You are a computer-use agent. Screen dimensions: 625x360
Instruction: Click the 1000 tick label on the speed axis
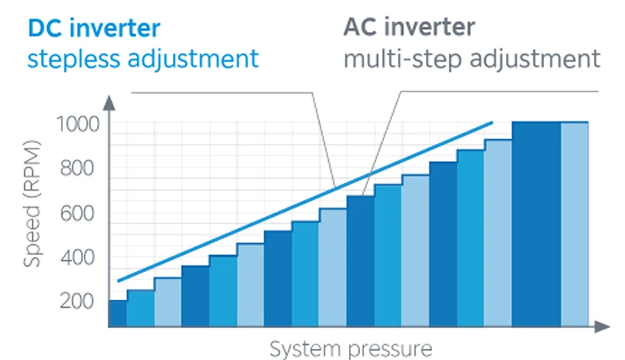click(x=78, y=124)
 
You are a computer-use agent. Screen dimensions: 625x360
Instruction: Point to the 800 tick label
click(x=77, y=168)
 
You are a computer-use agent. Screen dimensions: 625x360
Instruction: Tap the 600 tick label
click(x=77, y=213)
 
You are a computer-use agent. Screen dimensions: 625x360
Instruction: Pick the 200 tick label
click(x=77, y=301)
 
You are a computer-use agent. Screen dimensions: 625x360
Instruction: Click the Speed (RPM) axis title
click(x=32, y=204)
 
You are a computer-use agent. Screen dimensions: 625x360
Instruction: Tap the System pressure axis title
click(x=351, y=349)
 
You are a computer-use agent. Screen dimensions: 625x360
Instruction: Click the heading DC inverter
click(x=94, y=28)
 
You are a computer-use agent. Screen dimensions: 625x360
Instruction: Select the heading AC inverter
click(x=409, y=27)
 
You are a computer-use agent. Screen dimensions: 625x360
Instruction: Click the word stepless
click(x=74, y=59)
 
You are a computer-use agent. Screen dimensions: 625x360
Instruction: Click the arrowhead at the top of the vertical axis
click(x=109, y=103)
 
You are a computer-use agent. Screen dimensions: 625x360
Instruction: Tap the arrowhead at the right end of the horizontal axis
click(x=602, y=326)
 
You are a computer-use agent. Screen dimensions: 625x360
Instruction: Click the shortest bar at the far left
click(x=118, y=314)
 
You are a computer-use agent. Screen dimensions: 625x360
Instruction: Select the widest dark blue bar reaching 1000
click(x=537, y=224)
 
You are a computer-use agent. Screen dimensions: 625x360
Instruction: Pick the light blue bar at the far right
click(x=574, y=224)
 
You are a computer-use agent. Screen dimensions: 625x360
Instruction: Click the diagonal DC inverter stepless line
click(x=305, y=202)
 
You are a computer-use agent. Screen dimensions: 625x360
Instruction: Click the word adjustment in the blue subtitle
click(x=193, y=59)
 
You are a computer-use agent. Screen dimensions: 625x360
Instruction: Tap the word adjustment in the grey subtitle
click(x=535, y=59)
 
